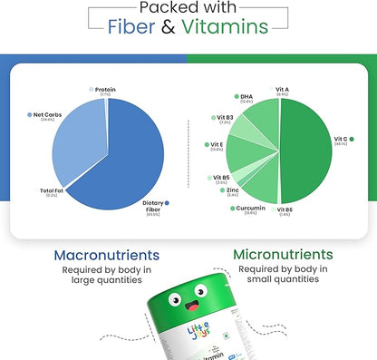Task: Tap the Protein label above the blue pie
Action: [x=104, y=90]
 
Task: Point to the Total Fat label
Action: [x=52, y=190]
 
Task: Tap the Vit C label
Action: [x=343, y=139]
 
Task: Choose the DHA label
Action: [x=246, y=97]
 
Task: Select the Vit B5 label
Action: [x=221, y=178]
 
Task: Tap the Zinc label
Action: [x=232, y=190]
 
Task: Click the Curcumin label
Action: [x=251, y=207]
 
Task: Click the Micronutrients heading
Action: [x=284, y=255]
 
